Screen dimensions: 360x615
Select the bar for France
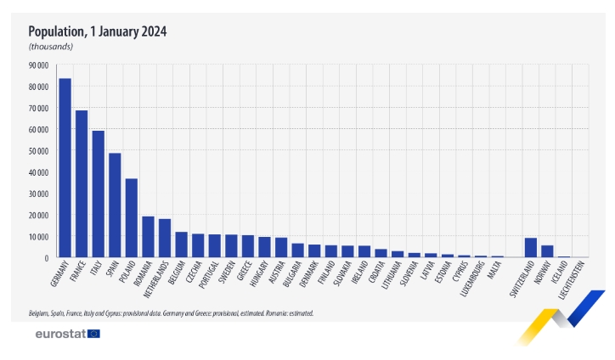(x=82, y=183)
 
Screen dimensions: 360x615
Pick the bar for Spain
(x=115, y=205)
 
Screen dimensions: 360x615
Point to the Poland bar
(x=132, y=217)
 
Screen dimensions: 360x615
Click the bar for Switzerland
(x=530, y=247)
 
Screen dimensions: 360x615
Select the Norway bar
(x=547, y=251)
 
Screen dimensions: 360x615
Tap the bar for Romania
(x=148, y=237)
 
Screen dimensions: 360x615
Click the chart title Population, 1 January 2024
(x=98, y=31)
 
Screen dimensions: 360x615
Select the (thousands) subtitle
(x=50, y=47)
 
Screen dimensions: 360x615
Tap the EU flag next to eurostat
(x=93, y=334)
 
